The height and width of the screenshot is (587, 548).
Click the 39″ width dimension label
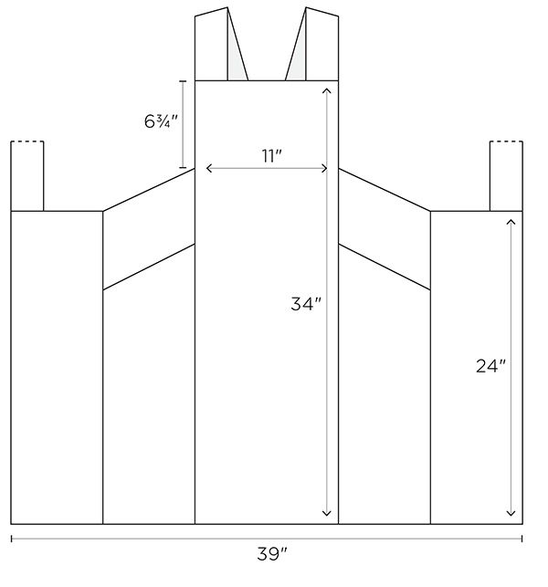coord(272,554)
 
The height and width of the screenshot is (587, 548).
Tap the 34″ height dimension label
coord(306,304)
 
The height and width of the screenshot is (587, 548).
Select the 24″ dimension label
coord(490,366)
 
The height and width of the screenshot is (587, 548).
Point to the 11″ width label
coord(271,156)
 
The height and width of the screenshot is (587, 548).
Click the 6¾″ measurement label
coord(161,121)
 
